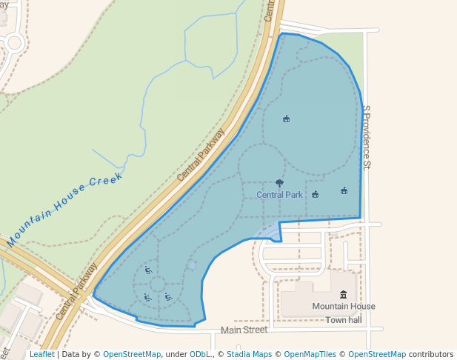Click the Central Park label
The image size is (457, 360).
point(279,195)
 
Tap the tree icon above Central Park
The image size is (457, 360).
point(279,183)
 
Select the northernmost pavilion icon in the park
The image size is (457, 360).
point(287,119)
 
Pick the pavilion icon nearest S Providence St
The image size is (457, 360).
point(344,190)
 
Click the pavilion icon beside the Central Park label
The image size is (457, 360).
point(316,194)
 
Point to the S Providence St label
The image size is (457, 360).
point(366,137)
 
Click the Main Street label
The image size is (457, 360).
point(244,330)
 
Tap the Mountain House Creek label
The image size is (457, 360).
point(64,210)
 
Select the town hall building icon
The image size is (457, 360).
point(343,295)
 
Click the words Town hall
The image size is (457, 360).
point(344,320)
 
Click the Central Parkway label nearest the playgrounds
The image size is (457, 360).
point(76,291)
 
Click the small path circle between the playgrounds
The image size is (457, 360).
point(158,284)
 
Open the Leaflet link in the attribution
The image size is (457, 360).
point(41,355)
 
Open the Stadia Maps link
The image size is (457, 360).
point(248,355)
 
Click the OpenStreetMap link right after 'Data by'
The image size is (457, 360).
point(131,355)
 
